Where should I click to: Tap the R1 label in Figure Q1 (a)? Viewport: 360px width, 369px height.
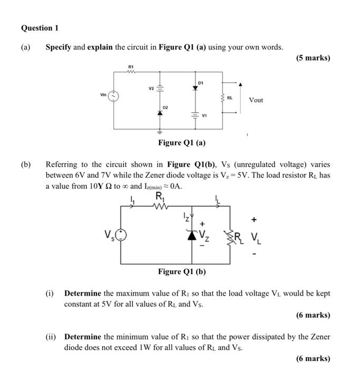pyautogui.click(x=130, y=66)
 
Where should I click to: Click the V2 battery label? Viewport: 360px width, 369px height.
pyautogui.click(x=150, y=88)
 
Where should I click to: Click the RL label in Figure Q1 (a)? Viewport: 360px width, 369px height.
pyautogui.click(x=230, y=98)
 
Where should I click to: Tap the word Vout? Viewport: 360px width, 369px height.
pyautogui.click(x=256, y=100)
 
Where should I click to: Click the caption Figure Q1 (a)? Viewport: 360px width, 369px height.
pyautogui.click(x=182, y=143)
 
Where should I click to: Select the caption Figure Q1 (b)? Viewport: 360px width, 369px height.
pyautogui.click(x=182, y=271)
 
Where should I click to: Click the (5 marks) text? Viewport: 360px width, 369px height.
pyautogui.click(x=313, y=58)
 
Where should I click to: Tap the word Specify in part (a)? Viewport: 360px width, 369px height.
pyautogui.click(x=58, y=47)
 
